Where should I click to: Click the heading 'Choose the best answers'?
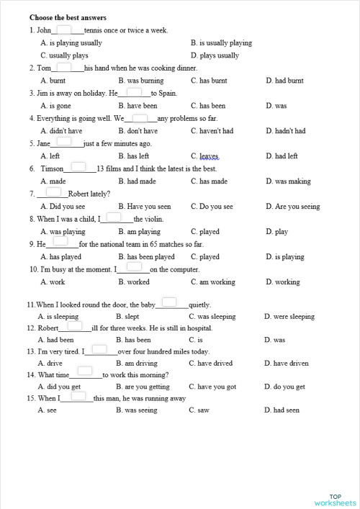point(68,17)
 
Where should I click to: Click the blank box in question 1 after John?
point(63,30)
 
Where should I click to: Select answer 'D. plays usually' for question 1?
point(215,55)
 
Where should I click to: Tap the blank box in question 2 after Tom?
point(63,67)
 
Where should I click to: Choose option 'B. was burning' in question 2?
point(140,81)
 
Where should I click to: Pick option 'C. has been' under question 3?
point(208,106)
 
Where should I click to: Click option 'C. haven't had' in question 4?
point(212,131)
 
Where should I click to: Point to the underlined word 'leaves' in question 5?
point(209,156)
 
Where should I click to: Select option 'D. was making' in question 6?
point(288,181)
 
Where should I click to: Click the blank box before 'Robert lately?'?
point(53,192)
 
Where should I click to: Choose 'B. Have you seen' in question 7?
point(145,207)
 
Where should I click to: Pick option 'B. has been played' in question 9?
point(146,257)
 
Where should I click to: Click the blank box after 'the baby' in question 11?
point(169,302)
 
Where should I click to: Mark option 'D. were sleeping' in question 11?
point(289,316)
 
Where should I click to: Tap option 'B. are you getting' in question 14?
point(143,387)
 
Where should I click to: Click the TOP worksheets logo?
point(335,500)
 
